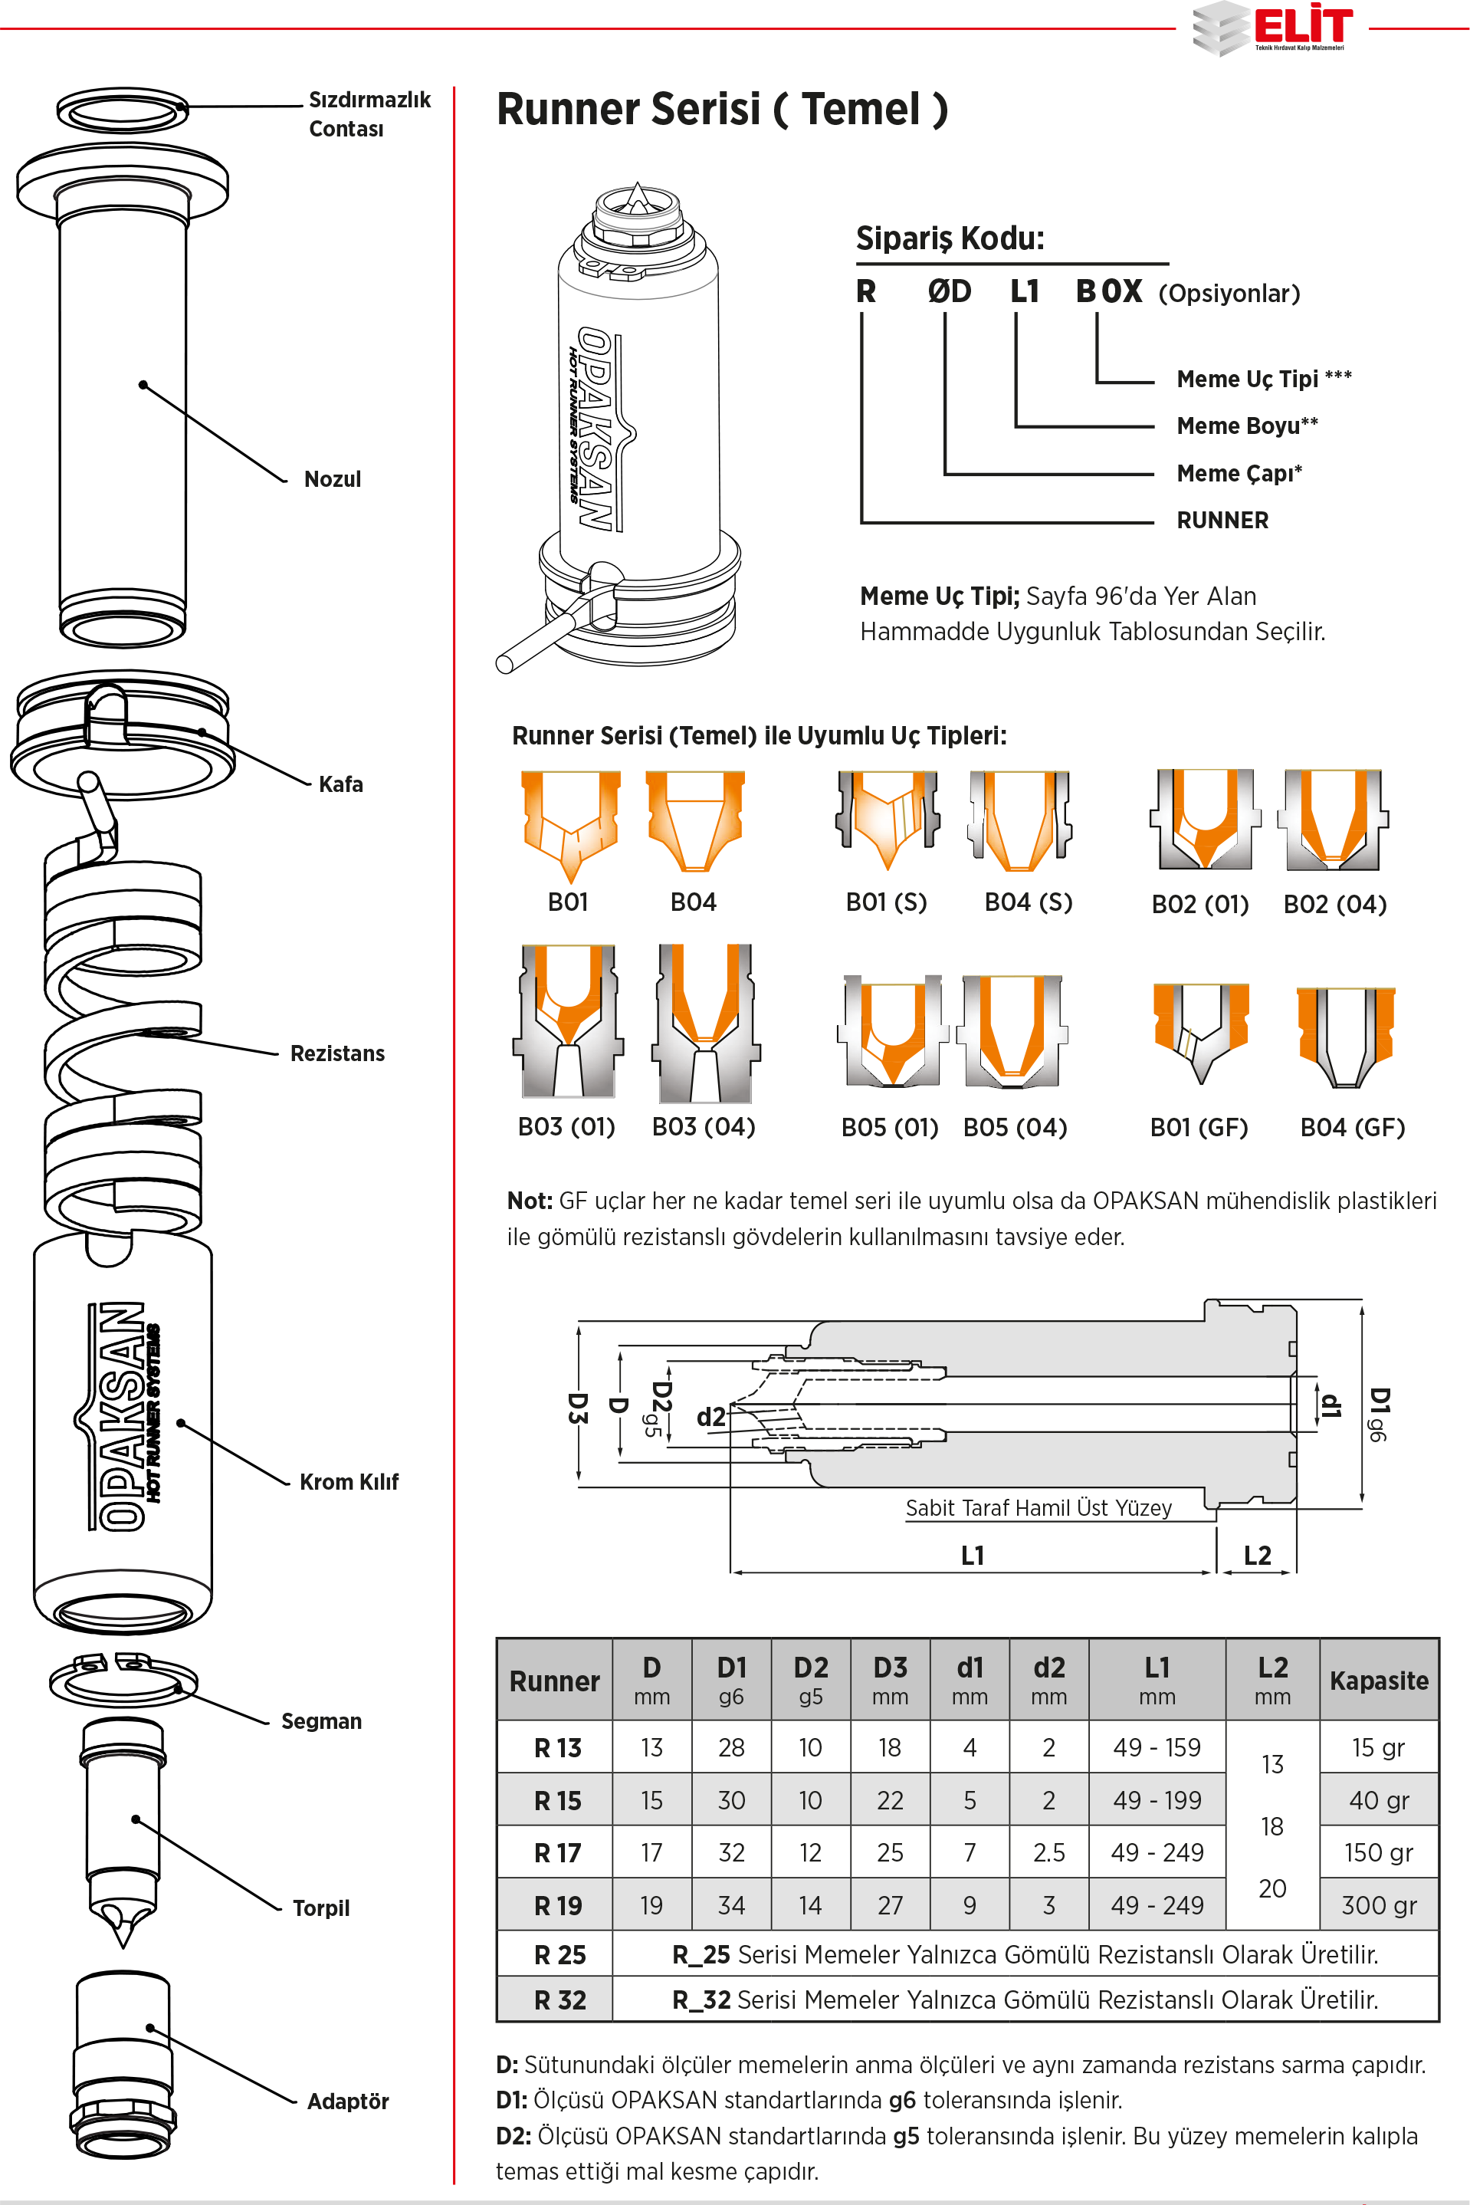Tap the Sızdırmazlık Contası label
click(369, 113)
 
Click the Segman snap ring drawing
click(122, 1680)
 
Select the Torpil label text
click(320, 1908)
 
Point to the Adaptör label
click(348, 2101)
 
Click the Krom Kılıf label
click(349, 1481)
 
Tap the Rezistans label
click(337, 1053)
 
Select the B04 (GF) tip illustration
click(1345, 1037)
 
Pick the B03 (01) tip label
click(566, 1126)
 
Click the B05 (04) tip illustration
click(1012, 1032)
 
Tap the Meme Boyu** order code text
click(1247, 426)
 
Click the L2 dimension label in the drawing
click(1257, 1556)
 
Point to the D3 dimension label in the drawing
click(578, 1408)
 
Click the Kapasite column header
click(1378, 1681)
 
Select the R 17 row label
click(558, 1852)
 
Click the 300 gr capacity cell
click(1378, 1905)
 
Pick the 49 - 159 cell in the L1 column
click(1157, 1747)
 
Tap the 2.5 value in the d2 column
click(1048, 1852)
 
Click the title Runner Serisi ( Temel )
click(722, 110)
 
